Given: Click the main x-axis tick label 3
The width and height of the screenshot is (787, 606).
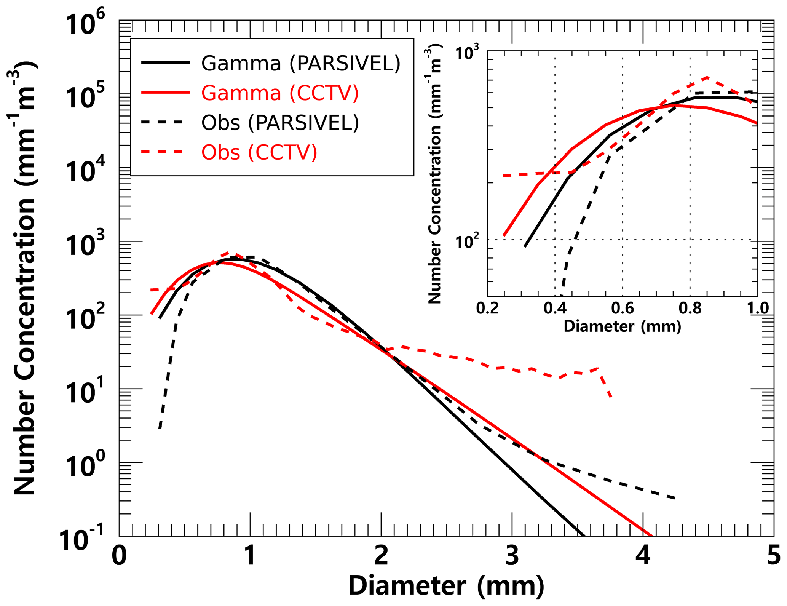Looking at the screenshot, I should tap(512, 556).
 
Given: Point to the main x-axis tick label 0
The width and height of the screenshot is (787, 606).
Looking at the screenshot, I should tap(119, 556).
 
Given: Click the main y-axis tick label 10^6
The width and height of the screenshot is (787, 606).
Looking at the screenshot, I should tap(85, 24).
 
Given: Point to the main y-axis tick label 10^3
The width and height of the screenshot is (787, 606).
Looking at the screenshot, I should tap(85, 245).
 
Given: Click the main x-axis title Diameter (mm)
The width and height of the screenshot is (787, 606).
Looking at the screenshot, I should tap(446, 586).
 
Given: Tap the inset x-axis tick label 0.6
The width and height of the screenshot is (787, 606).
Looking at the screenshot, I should tap(623, 308).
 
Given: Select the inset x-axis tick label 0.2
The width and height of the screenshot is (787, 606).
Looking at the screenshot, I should tap(487, 308).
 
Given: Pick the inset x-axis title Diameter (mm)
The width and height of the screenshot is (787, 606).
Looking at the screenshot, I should tap(622, 326).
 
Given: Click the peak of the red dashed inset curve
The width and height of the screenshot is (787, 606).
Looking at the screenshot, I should tap(707, 77).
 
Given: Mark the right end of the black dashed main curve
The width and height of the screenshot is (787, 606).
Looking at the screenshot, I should tap(675, 498).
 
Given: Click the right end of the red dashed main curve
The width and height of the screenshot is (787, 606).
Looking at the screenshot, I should tap(611, 397).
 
